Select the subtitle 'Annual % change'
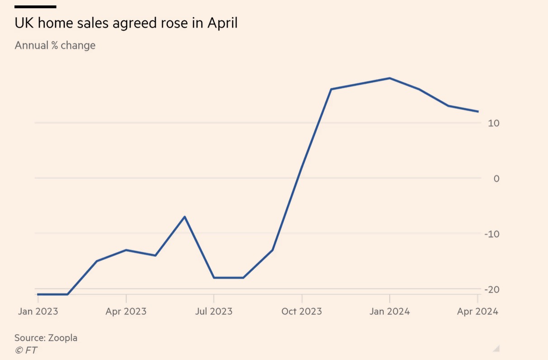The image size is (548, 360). tap(55, 46)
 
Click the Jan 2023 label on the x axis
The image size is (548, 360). tap(38, 312)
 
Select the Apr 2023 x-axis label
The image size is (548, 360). tap(126, 312)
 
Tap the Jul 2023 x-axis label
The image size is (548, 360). tap(214, 312)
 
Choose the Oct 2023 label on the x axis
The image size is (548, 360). tap(302, 312)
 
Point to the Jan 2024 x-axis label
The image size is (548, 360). tap(389, 312)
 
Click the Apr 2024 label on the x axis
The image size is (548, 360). tap(477, 312)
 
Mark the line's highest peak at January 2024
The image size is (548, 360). tap(389, 78)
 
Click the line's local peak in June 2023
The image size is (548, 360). tap(184, 217)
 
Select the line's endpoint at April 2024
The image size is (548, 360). tap(478, 111)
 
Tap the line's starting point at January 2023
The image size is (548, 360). tap(38, 294)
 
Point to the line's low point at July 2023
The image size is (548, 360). tap(214, 278)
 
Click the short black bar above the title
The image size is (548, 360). tap(35, 7)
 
